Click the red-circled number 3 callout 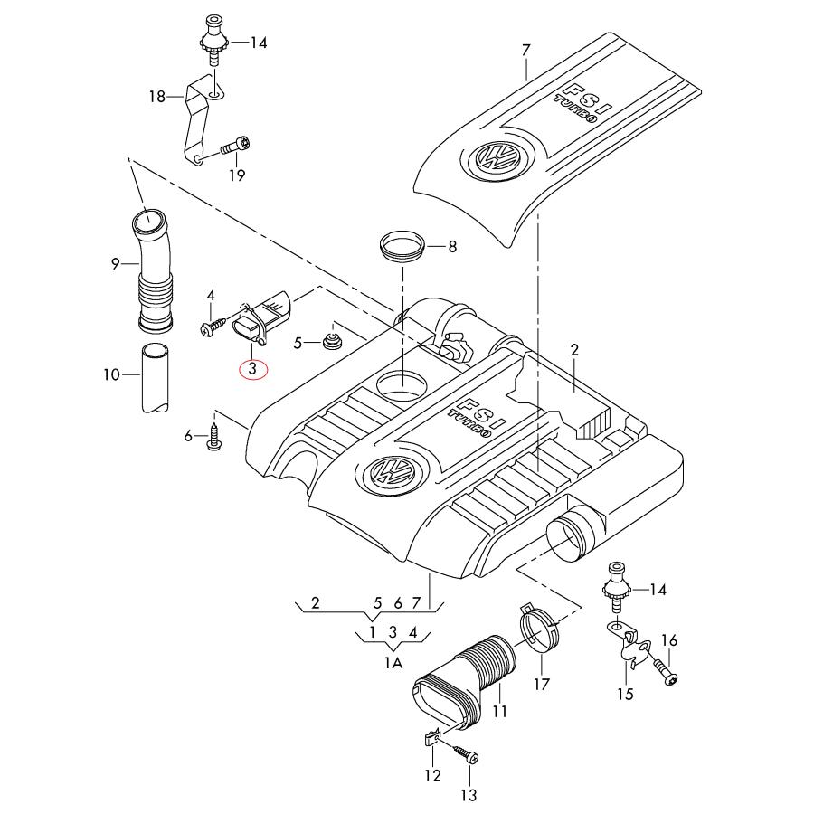click(252, 369)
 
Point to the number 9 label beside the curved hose click(116, 263)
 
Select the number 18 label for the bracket click(157, 95)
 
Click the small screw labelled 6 click(214, 440)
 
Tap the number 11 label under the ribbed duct click(499, 712)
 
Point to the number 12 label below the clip click(432, 775)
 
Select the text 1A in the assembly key click(393, 663)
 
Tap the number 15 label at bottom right click(626, 694)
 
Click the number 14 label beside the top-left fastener click(259, 42)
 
